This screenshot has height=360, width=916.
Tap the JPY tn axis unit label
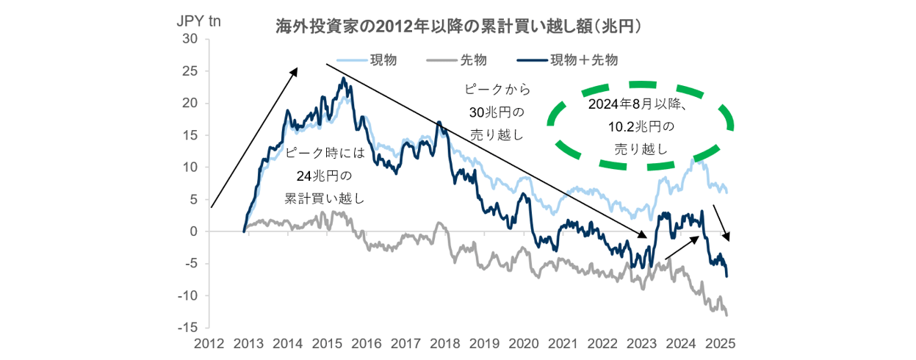coord(199,21)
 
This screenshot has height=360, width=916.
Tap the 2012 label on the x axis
coord(209,343)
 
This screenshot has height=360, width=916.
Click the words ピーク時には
coord(324,155)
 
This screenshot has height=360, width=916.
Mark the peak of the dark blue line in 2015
coord(343,78)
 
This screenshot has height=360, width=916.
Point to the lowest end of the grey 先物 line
coord(726,315)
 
